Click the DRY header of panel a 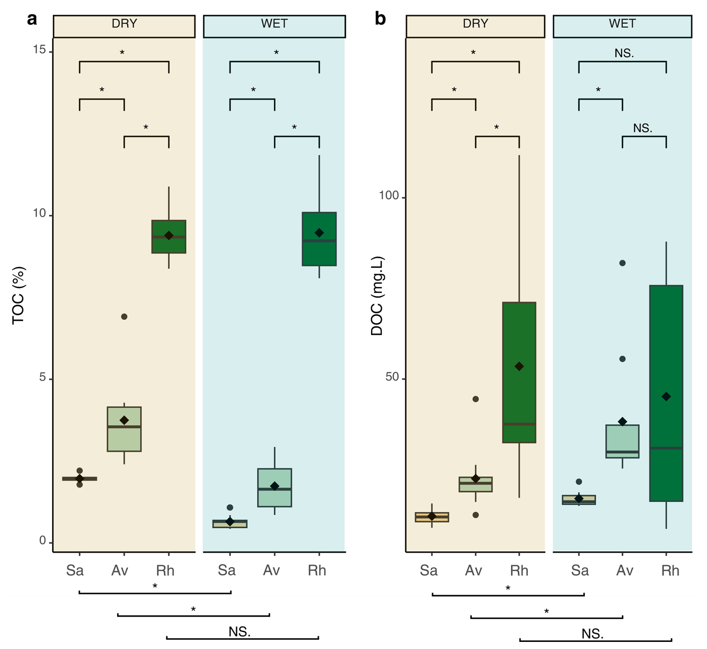[124, 24]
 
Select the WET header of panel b [622, 24]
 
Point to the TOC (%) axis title [18, 295]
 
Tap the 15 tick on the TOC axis [39, 50]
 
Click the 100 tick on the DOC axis [389, 195]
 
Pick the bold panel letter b [380, 18]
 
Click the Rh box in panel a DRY [169, 237]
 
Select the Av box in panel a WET [275, 487]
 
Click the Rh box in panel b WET [666, 393]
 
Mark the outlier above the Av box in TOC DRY [124, 317]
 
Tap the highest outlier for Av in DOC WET [623, 263]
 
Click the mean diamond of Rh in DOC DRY [519, 366]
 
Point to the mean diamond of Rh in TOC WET [319, 233]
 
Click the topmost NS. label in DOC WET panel [624, 53]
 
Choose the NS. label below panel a [240, 632]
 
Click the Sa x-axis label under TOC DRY [75, 570]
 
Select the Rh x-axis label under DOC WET [670, 570]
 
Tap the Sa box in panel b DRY [432, 517]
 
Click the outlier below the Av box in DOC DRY [476, 515]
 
